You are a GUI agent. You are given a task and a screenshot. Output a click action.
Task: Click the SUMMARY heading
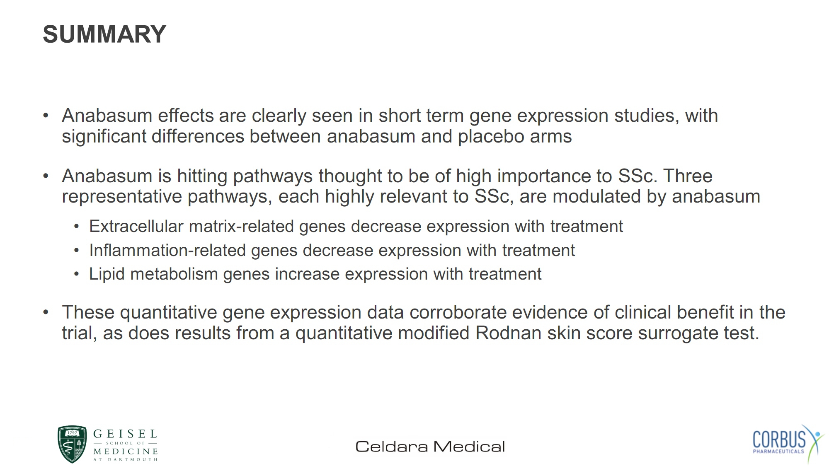(x=104, y=34)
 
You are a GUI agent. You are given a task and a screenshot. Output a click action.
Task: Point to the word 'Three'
(x=688, y=176)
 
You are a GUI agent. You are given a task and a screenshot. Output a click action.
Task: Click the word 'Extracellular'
(x=136, y=226)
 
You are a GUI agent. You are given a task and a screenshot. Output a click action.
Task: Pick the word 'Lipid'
(x=107, y=274)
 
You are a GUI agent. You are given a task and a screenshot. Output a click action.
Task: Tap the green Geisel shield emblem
(x=72, y=444)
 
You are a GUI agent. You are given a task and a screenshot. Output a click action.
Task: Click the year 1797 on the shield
(x=72, y=433)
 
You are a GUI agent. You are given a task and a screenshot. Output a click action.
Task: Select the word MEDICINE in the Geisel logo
(x=126, y=451)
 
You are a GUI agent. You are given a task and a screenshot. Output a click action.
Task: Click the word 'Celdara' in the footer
(x=392, y=447)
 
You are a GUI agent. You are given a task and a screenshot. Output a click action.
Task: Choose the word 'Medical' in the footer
(x=469, y=447)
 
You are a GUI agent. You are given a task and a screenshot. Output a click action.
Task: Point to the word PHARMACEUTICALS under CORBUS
(x=778, y=452)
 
